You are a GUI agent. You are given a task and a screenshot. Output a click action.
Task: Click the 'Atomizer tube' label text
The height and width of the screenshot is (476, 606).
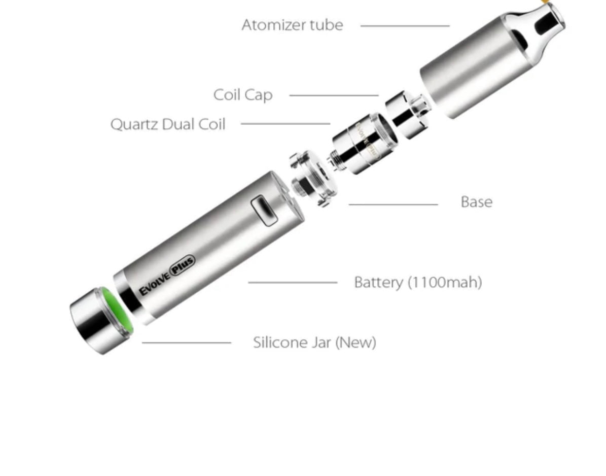(x=292, y=25)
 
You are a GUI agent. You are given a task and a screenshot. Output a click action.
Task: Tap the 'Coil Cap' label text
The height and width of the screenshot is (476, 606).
(x=243, y=95)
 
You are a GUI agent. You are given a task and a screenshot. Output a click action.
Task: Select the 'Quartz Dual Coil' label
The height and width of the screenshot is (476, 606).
(x=168, y=124)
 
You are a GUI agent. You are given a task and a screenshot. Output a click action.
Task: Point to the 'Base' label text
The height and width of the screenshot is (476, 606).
(x=477, y=202)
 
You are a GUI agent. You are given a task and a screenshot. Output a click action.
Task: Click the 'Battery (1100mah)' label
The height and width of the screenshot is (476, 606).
(x=418, y=282)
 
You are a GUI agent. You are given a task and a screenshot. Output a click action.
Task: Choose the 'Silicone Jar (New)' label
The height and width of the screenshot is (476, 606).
(x=314, y=343)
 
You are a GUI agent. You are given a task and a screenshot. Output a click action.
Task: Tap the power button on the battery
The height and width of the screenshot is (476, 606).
(x=264, y=211)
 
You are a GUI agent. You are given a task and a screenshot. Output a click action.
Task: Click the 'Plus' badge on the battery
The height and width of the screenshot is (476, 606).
(x=183, y=265)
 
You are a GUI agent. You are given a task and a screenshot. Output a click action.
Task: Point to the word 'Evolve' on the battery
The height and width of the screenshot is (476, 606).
(x=155, y=284)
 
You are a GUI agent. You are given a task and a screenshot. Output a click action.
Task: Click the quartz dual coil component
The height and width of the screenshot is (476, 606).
(x=363, y=144)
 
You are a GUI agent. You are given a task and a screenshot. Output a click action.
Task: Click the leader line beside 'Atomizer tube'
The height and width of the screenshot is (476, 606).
(x=405, y=26)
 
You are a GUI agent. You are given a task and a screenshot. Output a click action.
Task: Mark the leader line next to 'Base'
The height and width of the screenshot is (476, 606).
(x=394, y=204)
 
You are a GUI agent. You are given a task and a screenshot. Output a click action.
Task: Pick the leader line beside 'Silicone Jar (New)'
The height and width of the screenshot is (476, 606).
(x=187, y=343)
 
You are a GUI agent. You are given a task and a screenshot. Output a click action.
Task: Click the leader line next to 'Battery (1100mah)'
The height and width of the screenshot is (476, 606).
(x=293, y=283)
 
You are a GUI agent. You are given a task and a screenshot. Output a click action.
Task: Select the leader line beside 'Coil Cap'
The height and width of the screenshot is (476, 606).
(x=334, y=95)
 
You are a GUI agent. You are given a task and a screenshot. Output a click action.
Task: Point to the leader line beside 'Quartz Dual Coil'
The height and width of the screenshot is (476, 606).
(x=286, y=124)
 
